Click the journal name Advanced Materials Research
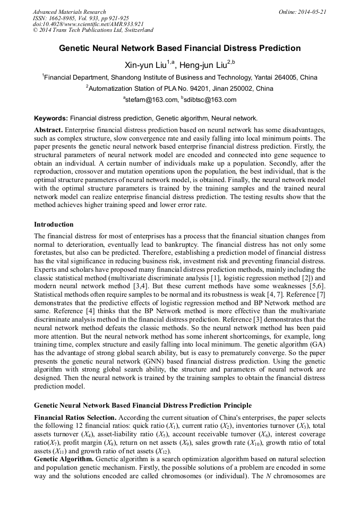click(x=69, y=12)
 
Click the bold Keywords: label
click(x=51, y=118)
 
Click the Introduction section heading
click(x=54, y=225)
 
